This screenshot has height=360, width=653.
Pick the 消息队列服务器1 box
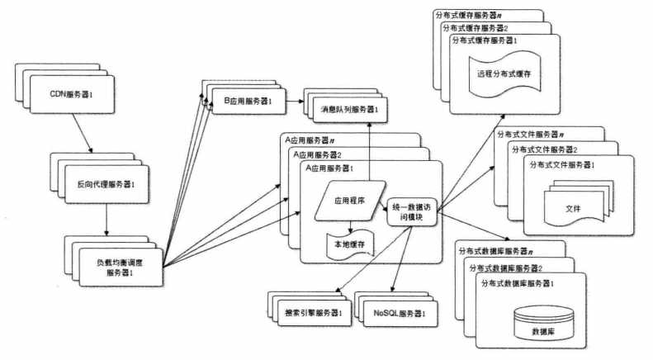[352, 109]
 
